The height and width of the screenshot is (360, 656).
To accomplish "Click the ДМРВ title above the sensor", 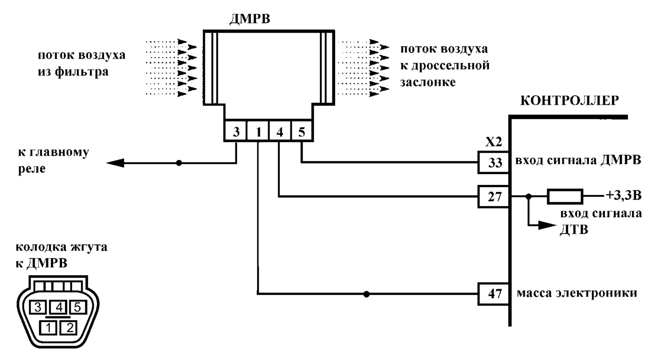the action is [x=250, y=19].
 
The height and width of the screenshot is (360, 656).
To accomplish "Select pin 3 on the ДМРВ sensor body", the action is [x=235, y=131].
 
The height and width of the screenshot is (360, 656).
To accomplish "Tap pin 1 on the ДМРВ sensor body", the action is [x=258, y=131].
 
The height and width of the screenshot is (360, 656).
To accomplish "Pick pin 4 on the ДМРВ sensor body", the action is [x=280, y=131].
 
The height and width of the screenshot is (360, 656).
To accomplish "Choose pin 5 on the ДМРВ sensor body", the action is [x=302, y=131].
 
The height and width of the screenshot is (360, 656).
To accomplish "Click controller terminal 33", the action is [x=494, y=163].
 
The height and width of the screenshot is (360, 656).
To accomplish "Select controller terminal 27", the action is [x=494, y=196].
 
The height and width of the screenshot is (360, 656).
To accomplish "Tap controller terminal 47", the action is [x=494, y=294].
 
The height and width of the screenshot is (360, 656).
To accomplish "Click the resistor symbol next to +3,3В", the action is [x=565, y=196].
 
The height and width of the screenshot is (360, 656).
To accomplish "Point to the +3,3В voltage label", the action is [x=623, y=196].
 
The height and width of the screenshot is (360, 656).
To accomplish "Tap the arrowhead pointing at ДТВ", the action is [x=547, y=225].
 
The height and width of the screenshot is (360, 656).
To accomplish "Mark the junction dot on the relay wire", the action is [x=178, y=163].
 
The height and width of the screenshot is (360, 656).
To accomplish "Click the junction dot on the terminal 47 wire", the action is [x=366, y=294].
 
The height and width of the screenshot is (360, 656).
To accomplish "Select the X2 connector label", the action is [x=494, y=143].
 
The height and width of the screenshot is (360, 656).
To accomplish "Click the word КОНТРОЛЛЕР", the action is [x=569, y=101].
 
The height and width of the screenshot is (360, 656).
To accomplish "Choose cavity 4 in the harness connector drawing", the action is [x=59, y=308].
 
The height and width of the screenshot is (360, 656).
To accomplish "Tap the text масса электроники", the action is [x=577, y=293].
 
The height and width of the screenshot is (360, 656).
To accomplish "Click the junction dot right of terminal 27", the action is [x=528, y=196].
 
